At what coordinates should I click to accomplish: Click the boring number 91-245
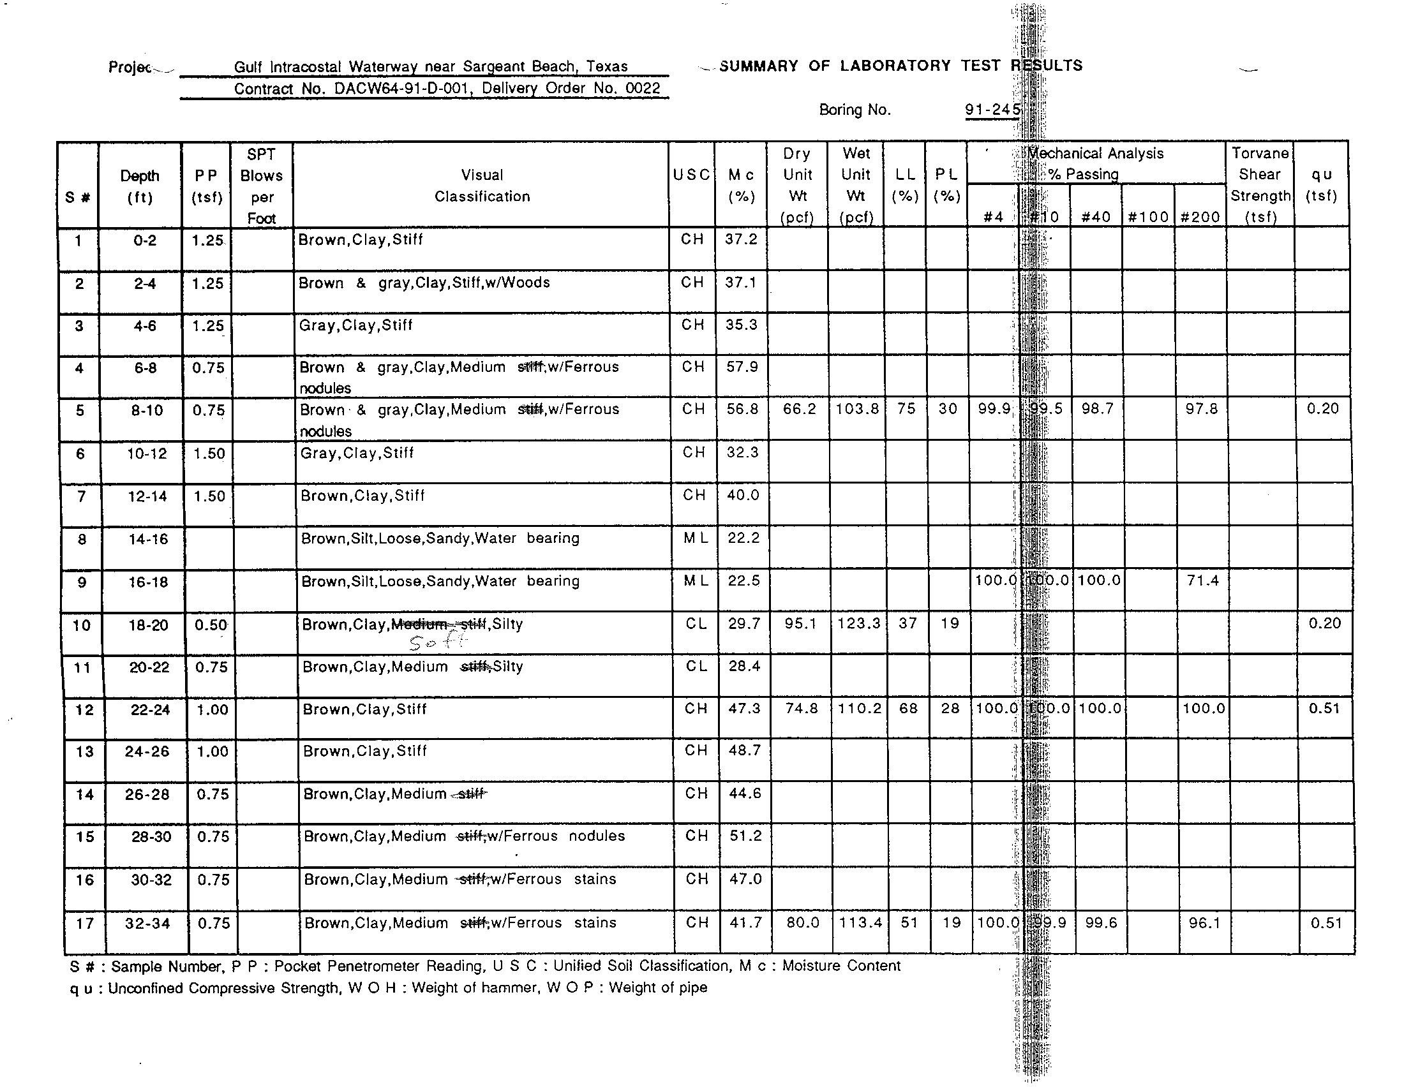coord(992,110)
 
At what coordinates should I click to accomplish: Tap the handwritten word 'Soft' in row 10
coord(438,642)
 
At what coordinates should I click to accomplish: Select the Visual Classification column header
coord(482,186)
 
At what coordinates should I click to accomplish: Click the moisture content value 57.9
coord(742,367)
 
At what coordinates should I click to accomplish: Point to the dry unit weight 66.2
coord(799,410)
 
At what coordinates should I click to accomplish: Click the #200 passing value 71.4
coord(1203,580)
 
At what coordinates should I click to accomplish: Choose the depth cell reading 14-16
coord(148,539)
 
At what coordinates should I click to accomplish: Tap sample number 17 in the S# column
coord(85,924)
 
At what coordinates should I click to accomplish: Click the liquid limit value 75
coord(906,410)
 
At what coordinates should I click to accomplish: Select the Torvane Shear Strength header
coord(1260,184)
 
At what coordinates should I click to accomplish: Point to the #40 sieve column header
coord(1096,217)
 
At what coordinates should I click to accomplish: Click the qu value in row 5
coord(1322,410)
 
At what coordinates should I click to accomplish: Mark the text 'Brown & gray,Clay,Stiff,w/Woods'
coord(424,283)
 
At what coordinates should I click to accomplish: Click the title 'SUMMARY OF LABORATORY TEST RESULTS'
coord(900,66)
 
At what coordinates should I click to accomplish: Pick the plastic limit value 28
coord(950,709)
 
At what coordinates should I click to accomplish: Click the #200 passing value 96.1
coord(1204,923)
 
